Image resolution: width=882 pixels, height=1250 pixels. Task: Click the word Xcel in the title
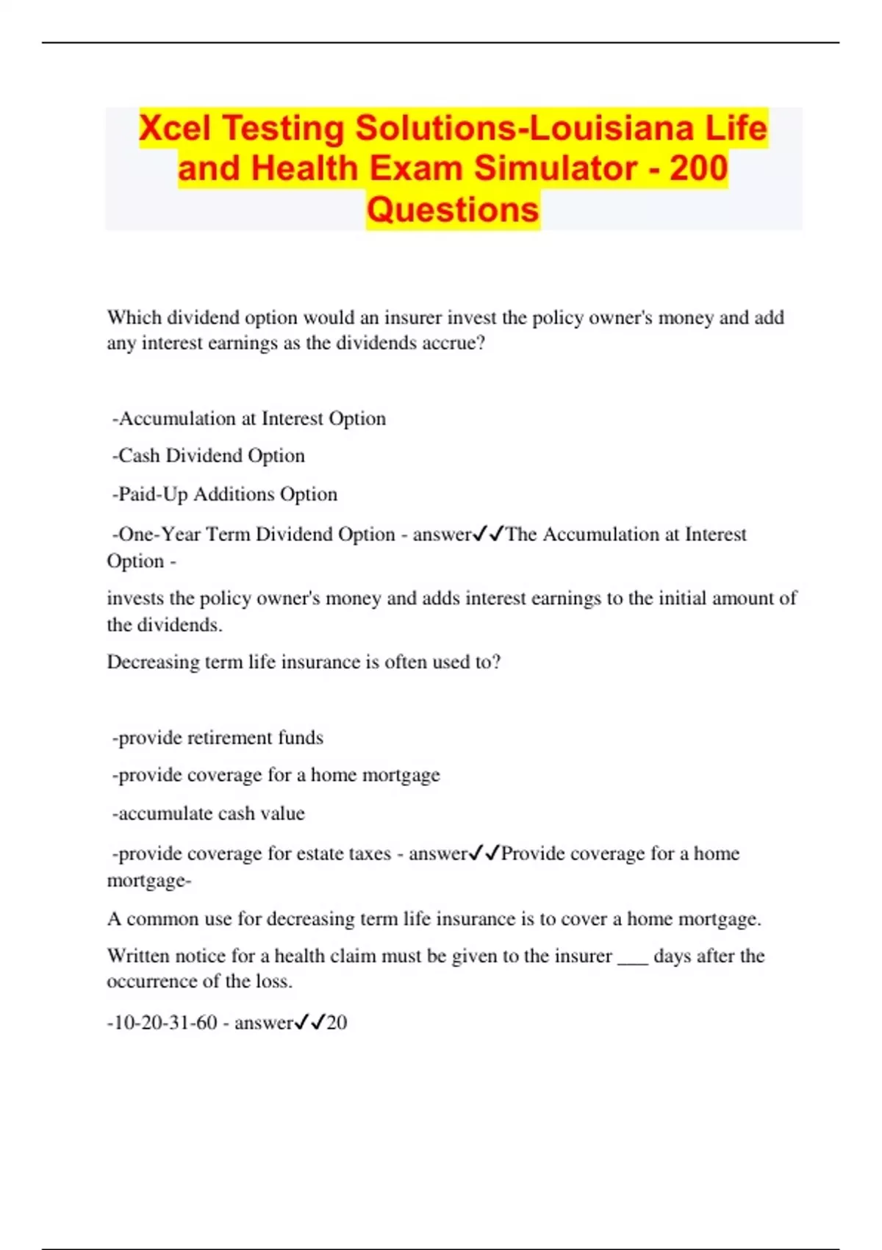click(x=174, y=128)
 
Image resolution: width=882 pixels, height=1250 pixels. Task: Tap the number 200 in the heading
click(x=698, y=168)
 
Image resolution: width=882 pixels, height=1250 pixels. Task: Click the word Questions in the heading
click(x=453, y=210)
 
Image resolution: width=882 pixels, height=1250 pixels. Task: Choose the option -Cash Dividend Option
click(x=209, y=456)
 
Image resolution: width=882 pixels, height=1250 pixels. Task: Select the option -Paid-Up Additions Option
click(x=225, y=494)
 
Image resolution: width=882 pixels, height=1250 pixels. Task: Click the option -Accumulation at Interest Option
click(x=249, y=418)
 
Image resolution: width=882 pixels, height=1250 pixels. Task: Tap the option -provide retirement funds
click(x=218, y=737)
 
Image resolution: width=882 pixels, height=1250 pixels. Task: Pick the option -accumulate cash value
click(x=208, y=813)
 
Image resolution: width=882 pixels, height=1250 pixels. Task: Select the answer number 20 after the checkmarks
click(x=337, y=1023)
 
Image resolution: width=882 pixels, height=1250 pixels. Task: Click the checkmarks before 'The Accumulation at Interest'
click(x=489, y=534)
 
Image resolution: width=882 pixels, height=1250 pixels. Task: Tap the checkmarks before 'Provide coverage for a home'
click(x=484, y=853)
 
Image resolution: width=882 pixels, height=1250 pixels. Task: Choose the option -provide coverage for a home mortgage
click(x=276, y=775)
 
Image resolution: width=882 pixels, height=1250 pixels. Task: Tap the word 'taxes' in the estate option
click(x=367, y=854)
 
